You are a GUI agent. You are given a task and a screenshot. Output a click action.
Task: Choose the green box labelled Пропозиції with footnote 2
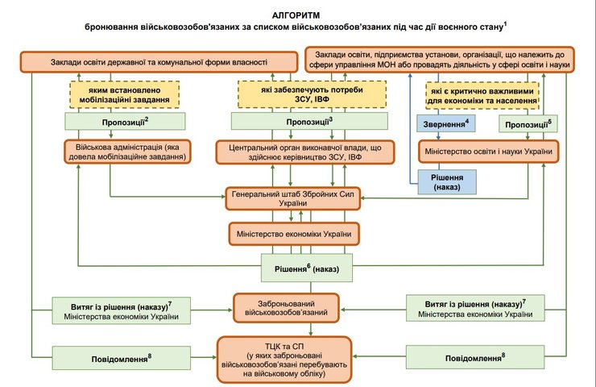[x=124, y=121]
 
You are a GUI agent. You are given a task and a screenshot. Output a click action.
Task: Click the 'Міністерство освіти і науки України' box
[x=486, y=152]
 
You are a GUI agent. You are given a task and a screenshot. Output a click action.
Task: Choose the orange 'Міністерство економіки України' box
[x=292, y=234]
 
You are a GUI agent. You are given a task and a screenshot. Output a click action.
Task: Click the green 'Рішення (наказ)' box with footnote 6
[x=308, y=267]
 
